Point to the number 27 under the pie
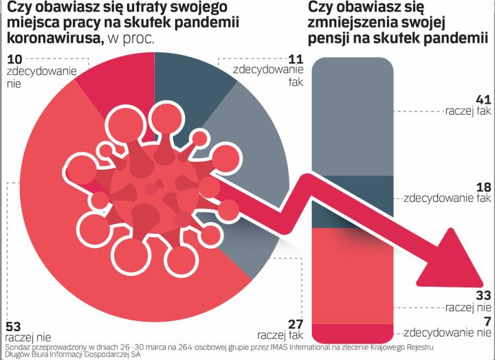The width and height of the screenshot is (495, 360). (x=295, y=323)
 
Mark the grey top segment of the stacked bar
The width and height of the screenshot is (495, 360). (x=353, y=117)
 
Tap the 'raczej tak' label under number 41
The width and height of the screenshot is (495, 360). (x=467, y=110)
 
